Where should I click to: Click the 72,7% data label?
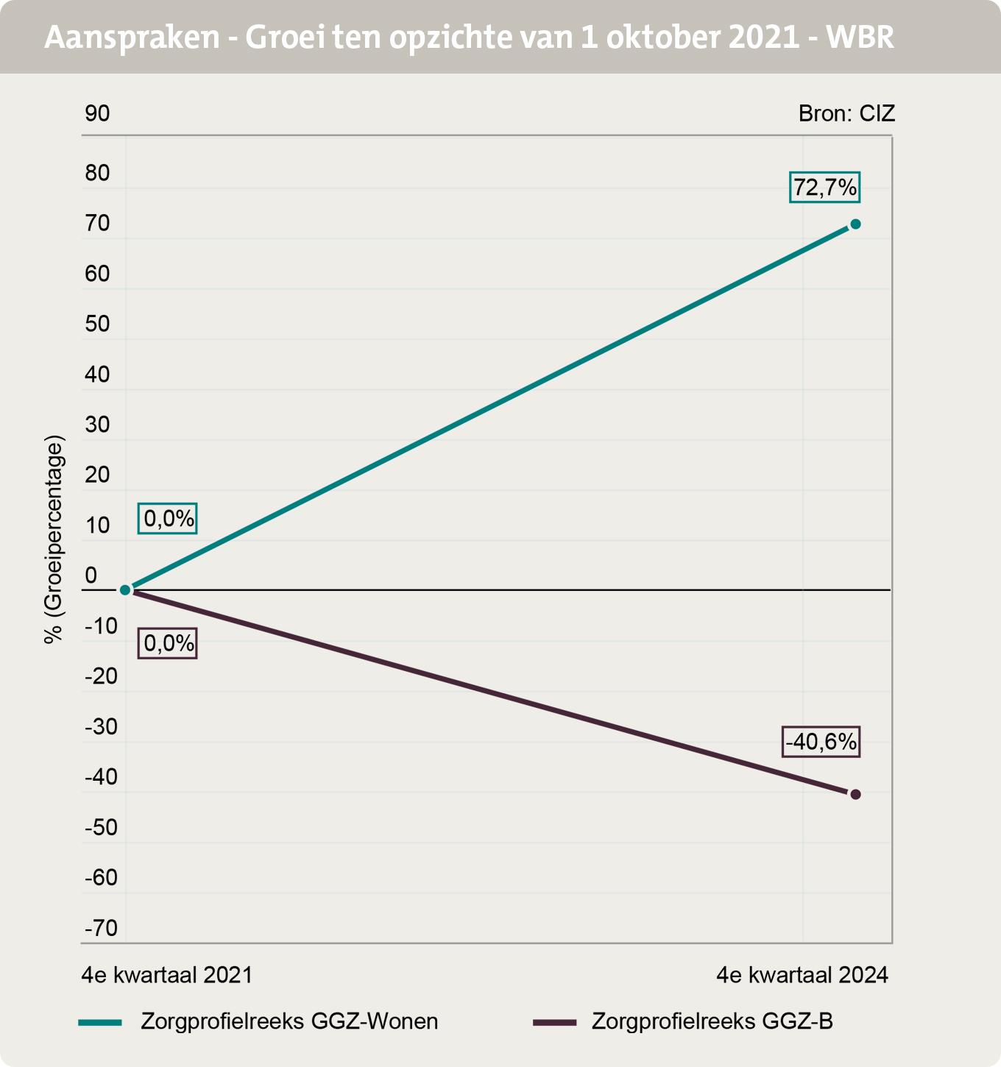pyautogui.click(x=824, y=188)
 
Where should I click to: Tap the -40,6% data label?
pyautogui.click(x=821, y=742)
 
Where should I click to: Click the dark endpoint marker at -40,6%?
pyautogui.click(x=855, y=794)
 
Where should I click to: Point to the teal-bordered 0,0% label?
pyautogui.click(x=168, y=519)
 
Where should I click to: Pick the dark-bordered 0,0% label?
pyautogui.click(x=168, y=644)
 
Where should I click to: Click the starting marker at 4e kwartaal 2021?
pyautogui.click(x=125, y=589)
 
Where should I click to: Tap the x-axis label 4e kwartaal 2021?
pyautogui.click(x=167, y=975)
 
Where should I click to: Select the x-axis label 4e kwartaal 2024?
pyautogui.click(x=802, y=975)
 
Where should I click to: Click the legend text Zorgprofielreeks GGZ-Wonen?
pyautogui.click(x=289, y=1021)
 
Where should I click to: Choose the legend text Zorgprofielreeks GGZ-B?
pyautogui.click(x=712, y=1021)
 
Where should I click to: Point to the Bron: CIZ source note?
pyautogui.click(x=846, y=114)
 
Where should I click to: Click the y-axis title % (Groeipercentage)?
pyautogui.click(x=54, y=540)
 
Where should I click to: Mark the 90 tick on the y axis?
pyautogui.click(x=97, y=114)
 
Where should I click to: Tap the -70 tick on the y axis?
pyautogui.click(x=101, y=929)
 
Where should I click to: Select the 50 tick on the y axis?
pyautogui.click(x=97, y=324)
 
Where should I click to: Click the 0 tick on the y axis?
pyautogui.click(x=91, y=576)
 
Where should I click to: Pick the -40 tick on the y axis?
pyautogui.click(x=101, y=777)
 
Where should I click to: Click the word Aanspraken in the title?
pyautogui.click(x=132, y=38)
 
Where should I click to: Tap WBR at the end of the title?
pyautogui.click(x=860, y=38)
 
